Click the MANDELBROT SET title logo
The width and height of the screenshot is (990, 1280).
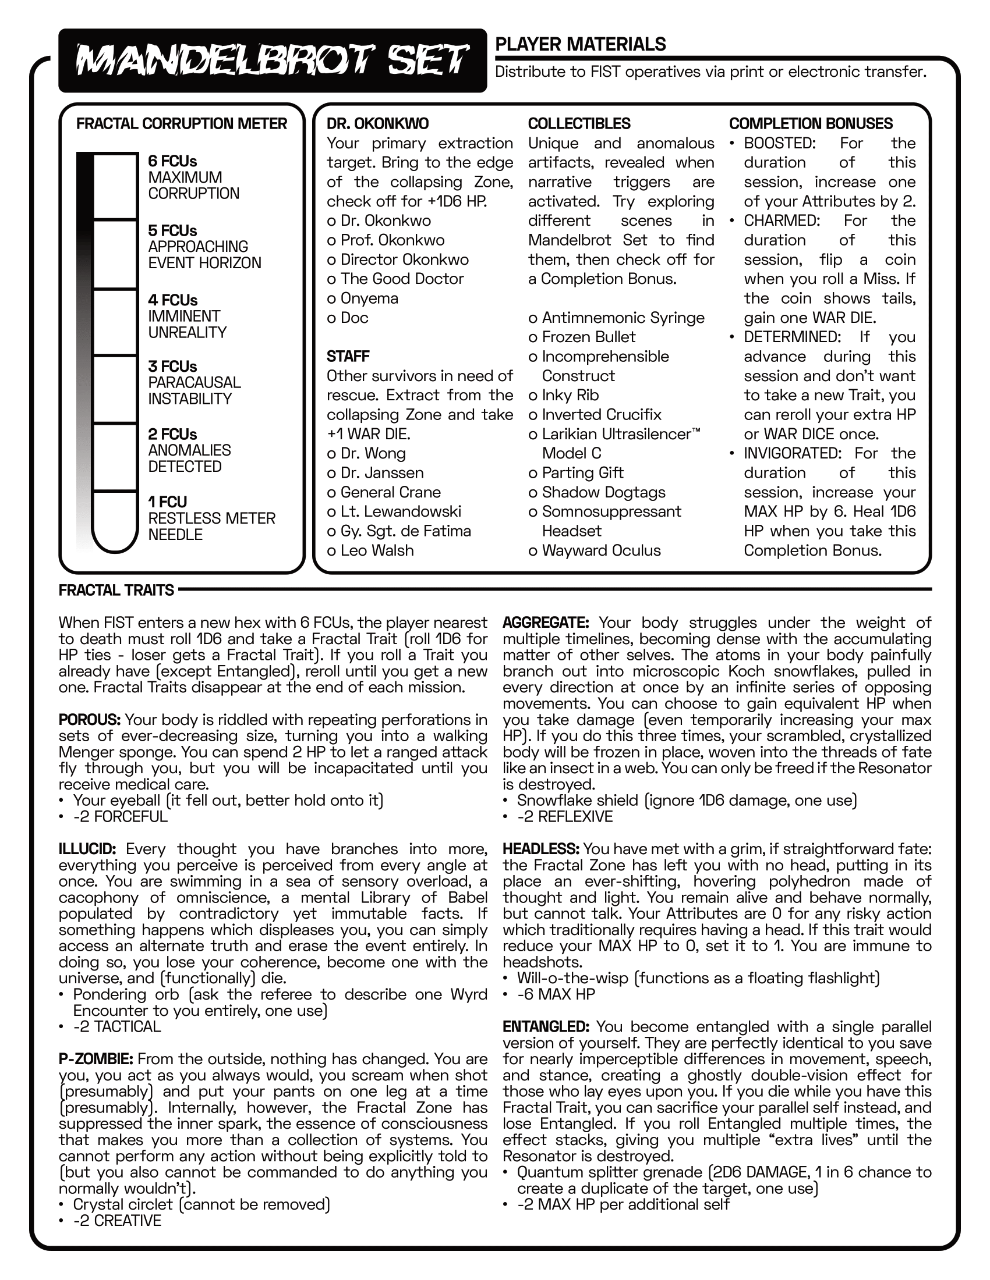coord(273,61)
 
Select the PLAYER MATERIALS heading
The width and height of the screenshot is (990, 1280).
coord(581,45)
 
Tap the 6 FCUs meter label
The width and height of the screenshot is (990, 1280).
coord(172,161)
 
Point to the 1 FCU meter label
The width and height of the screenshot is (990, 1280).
coord(167,502)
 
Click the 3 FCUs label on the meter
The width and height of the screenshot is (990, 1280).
coord(172,367)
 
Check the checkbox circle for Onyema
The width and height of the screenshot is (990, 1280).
coord(331,299)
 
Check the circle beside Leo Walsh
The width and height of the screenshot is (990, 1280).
coord(331,551)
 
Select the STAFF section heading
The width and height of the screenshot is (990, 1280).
coord(348,356)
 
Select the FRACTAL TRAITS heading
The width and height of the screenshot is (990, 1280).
coord(116,590)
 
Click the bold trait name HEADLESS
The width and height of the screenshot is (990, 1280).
coord(541,849)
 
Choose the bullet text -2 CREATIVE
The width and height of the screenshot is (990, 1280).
coord(117,1221)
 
